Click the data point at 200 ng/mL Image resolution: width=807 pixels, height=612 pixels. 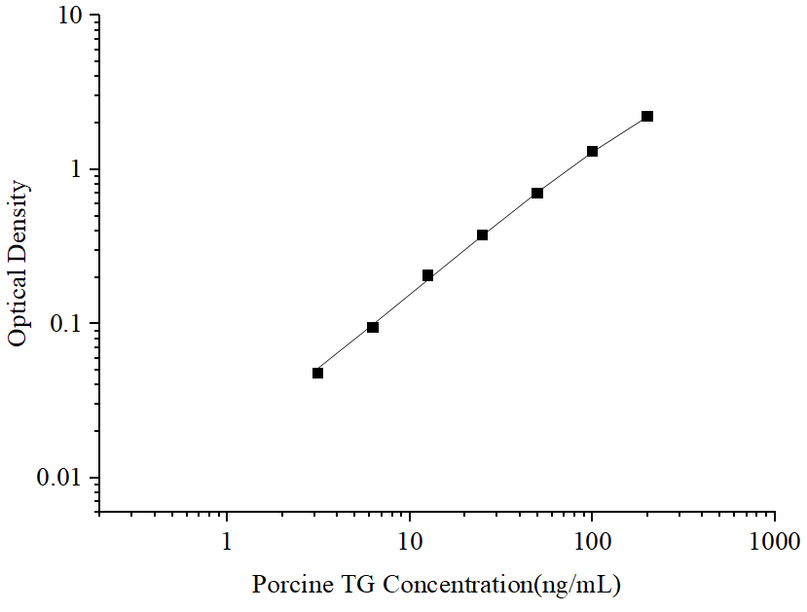coord(647,116)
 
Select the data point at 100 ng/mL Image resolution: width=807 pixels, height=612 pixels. coord(592,152)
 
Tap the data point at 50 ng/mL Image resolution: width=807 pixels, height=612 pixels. coord(537,193)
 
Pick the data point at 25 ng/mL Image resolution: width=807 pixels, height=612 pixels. coord(483,234)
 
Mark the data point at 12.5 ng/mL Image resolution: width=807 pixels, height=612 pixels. coord(428,275)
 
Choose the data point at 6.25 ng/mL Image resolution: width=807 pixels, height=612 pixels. coord(373,327)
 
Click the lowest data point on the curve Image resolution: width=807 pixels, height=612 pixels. coord(318,373)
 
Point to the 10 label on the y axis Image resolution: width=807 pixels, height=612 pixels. coord(70,17)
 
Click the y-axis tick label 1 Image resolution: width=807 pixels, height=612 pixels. coord(77,170)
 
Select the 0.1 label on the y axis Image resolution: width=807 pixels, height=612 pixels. coord(65,324)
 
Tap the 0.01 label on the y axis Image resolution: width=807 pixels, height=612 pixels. coord(59,478)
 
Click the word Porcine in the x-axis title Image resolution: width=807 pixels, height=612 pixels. coord(292,585)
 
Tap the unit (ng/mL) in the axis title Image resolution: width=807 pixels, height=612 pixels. coord(573,585)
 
